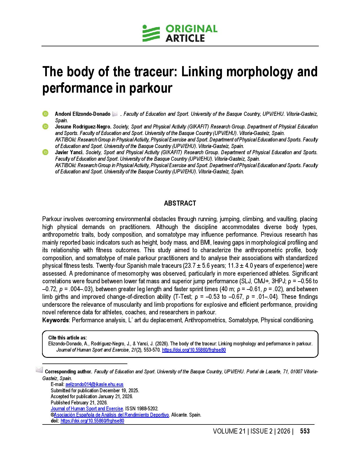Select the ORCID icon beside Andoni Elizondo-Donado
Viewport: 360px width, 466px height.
tap(45, 114)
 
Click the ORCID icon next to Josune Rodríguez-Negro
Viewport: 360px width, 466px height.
tap(45, 127)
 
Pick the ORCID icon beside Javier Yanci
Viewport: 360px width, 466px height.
tap(45, 152)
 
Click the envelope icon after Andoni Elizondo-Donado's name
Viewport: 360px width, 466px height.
tap(115, 114)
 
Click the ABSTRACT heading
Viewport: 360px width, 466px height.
tap(180, 203)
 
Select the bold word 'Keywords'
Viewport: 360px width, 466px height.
tap(55, 320)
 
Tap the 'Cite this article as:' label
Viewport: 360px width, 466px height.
tap(67, 338)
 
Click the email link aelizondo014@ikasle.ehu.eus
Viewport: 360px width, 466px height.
tap(94, 384)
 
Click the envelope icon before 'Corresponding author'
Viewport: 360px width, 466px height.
tap(39, 370)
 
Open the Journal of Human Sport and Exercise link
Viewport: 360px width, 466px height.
tap(87, 409)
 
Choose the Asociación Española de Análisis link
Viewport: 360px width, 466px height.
tap(111, 415)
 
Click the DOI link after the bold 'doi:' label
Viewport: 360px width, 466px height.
tap(92, 421)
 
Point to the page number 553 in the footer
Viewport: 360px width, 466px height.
tap(305, 431)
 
